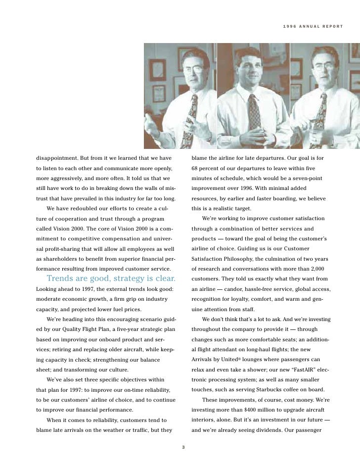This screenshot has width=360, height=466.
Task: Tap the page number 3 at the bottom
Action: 183,448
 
